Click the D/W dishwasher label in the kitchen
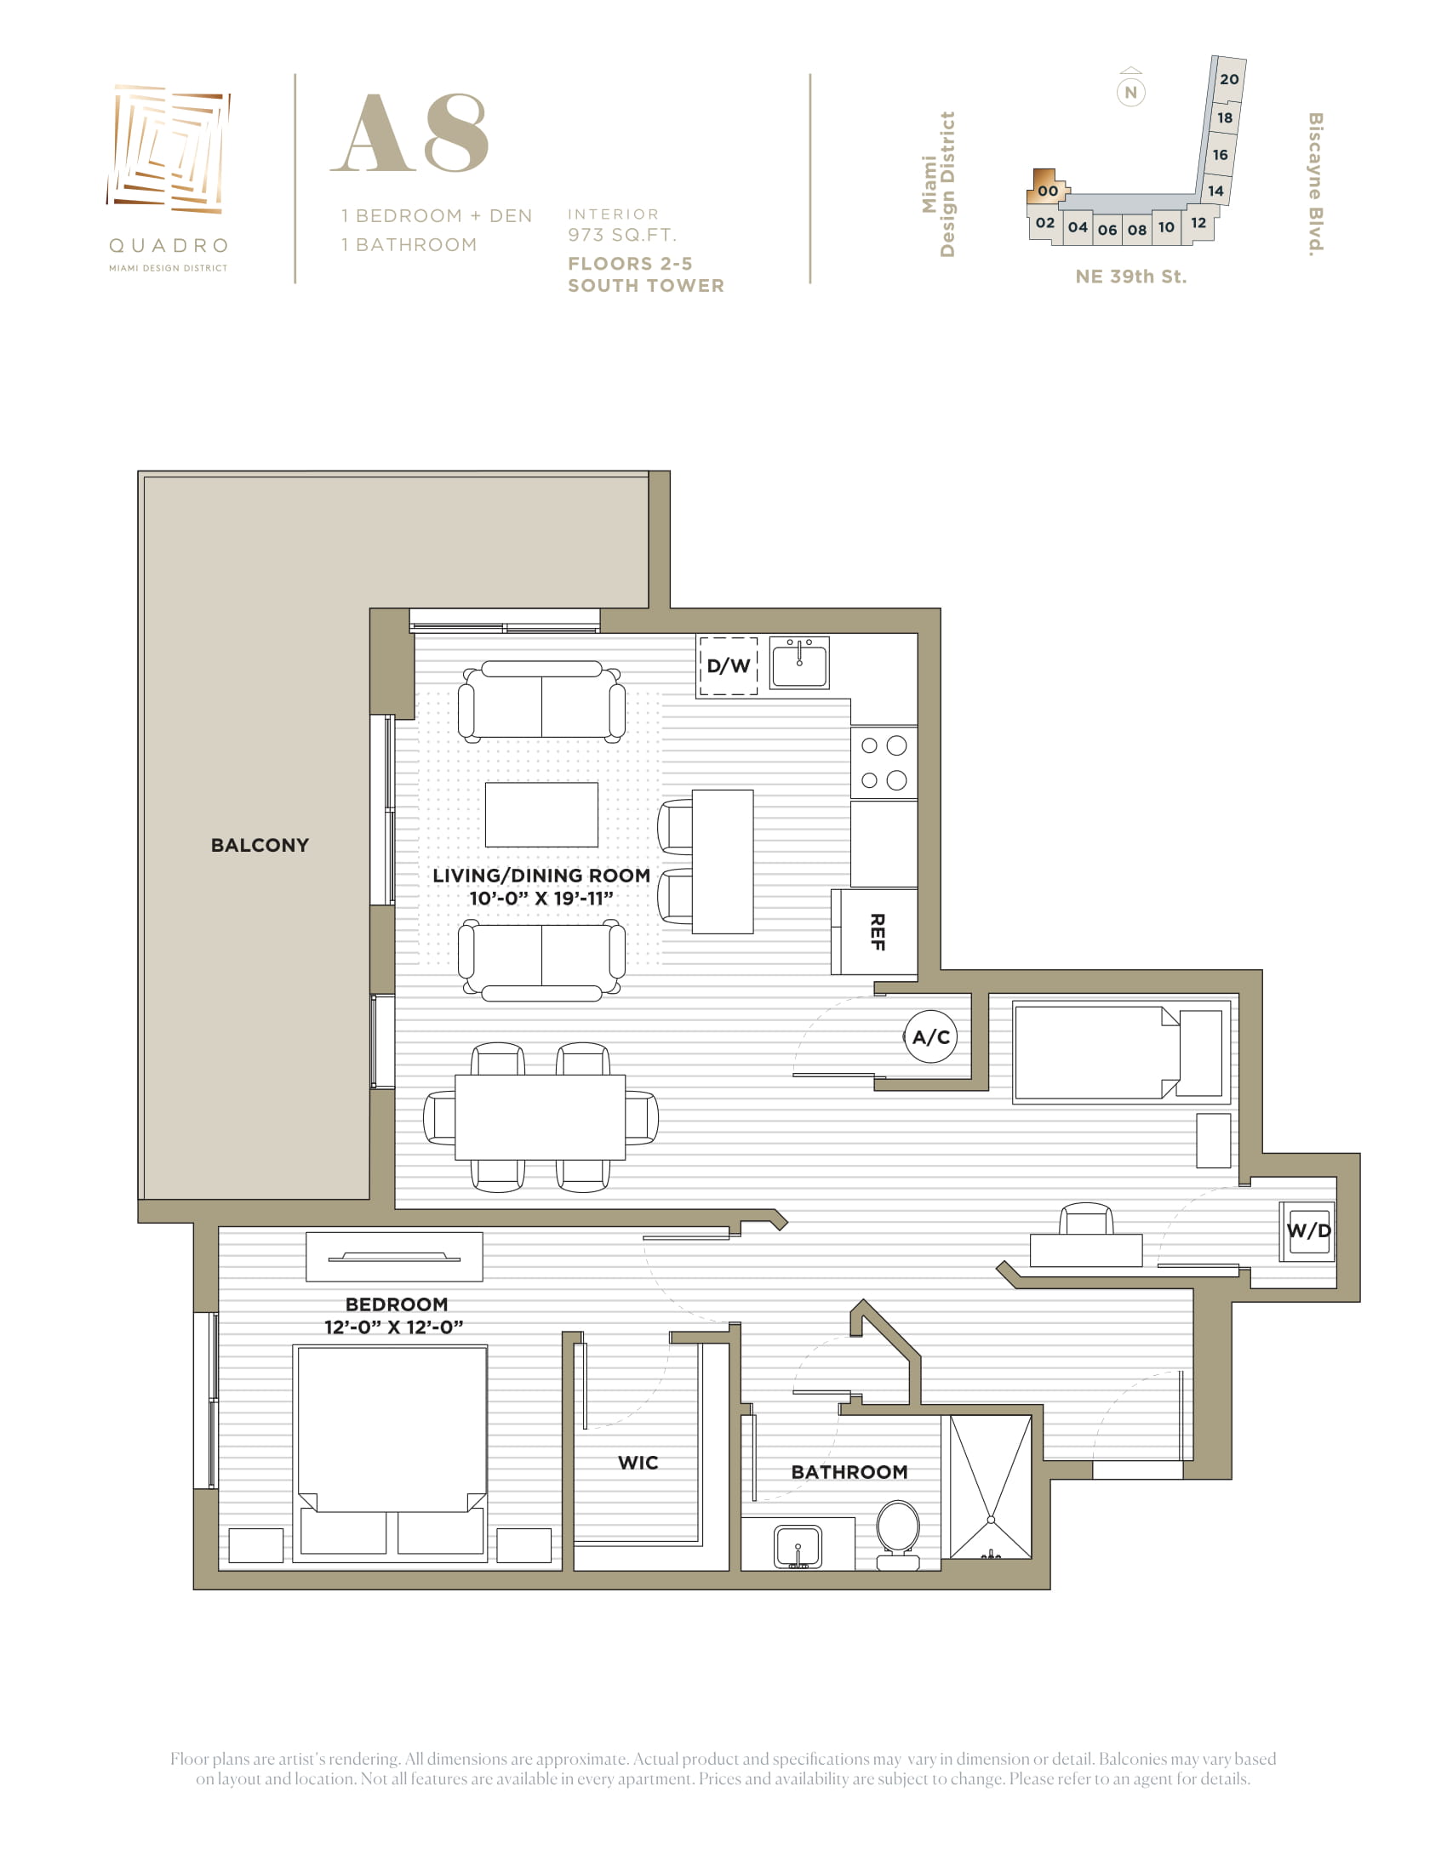click(728, 665)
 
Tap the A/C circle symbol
click(930, 1037)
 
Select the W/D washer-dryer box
click(1308, 1231)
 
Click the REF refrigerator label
click(877, 932)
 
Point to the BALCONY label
click(260, 845)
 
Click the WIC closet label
click(638, 1462)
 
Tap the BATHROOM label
click(849, 1472)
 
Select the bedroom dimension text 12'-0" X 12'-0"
click(393, 1327)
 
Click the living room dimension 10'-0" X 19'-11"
click(540, 899)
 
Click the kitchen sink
click(799, 662)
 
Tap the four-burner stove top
click(884, 763)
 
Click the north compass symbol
click(1130, 90)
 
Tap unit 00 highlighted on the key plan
click(1048, 188)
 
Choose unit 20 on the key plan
click(1229, 79)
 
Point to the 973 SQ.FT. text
click(621, 235)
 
